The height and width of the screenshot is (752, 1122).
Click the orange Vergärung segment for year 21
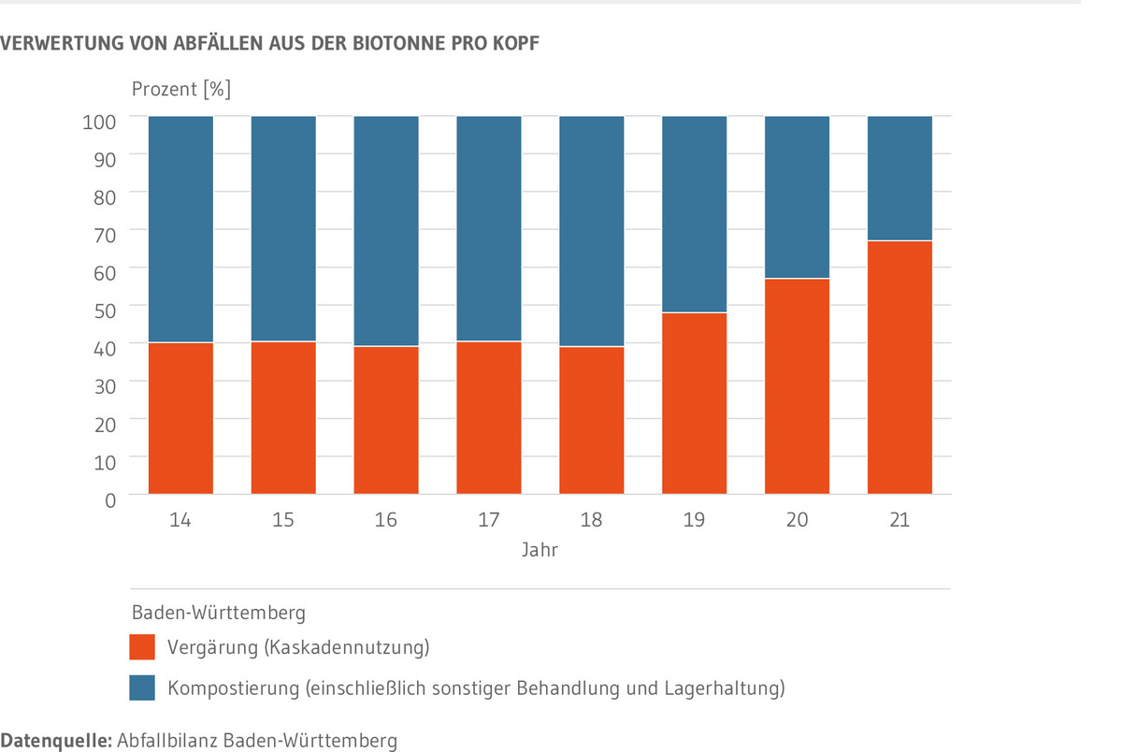(x=899, y=368)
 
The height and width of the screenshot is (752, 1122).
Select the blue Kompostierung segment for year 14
(x=181, y=229)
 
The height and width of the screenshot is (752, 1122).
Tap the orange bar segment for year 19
(x=694, y=403)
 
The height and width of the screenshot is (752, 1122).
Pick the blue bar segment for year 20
(x=797, y=197)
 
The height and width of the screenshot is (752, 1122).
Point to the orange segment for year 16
(x=386, y=420)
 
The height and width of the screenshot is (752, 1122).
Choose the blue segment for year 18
(x=591, y=231)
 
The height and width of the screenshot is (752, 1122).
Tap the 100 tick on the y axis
(x=103, y=121)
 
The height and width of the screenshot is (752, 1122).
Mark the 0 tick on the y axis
(x=109, y=499)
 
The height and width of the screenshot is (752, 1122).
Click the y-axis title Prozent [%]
(x=180, y=91)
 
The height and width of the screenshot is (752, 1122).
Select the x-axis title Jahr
(x=539, y=550)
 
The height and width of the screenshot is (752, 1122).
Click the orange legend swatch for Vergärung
(x=142, y=646)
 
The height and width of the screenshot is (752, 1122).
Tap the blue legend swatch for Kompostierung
(x=142, y=688)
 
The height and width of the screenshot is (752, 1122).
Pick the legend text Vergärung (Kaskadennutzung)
(x=298, y=646)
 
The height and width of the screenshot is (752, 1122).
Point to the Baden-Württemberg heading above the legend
(x=218, y=614)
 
